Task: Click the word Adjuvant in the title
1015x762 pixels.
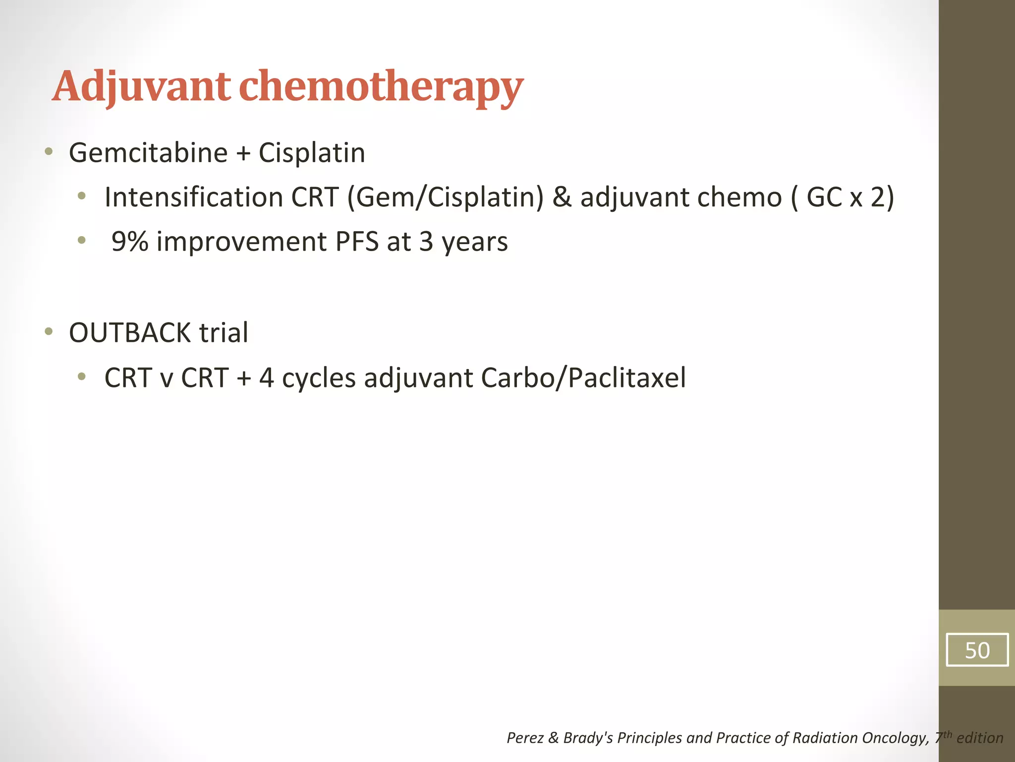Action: point(141,87)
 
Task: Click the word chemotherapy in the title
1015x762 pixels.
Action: point(381,87)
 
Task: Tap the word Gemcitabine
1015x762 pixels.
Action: point(148,152)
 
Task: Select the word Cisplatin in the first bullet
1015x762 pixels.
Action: point(312,152)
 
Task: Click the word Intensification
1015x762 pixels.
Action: point(193,197)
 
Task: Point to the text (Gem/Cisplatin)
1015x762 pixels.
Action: point(445,197)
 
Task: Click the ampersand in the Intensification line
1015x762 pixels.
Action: point(562,197)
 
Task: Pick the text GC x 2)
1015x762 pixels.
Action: point(850,197)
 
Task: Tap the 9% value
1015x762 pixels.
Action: point(129,242)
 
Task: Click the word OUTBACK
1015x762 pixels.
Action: point(129,333)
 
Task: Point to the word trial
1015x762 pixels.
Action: point(224,333)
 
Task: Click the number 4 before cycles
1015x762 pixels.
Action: point(267,378)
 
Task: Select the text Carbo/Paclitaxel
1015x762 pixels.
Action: point(583,378)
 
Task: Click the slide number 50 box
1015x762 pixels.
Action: point(977,650)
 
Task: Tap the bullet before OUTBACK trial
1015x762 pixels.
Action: point(48,331)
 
